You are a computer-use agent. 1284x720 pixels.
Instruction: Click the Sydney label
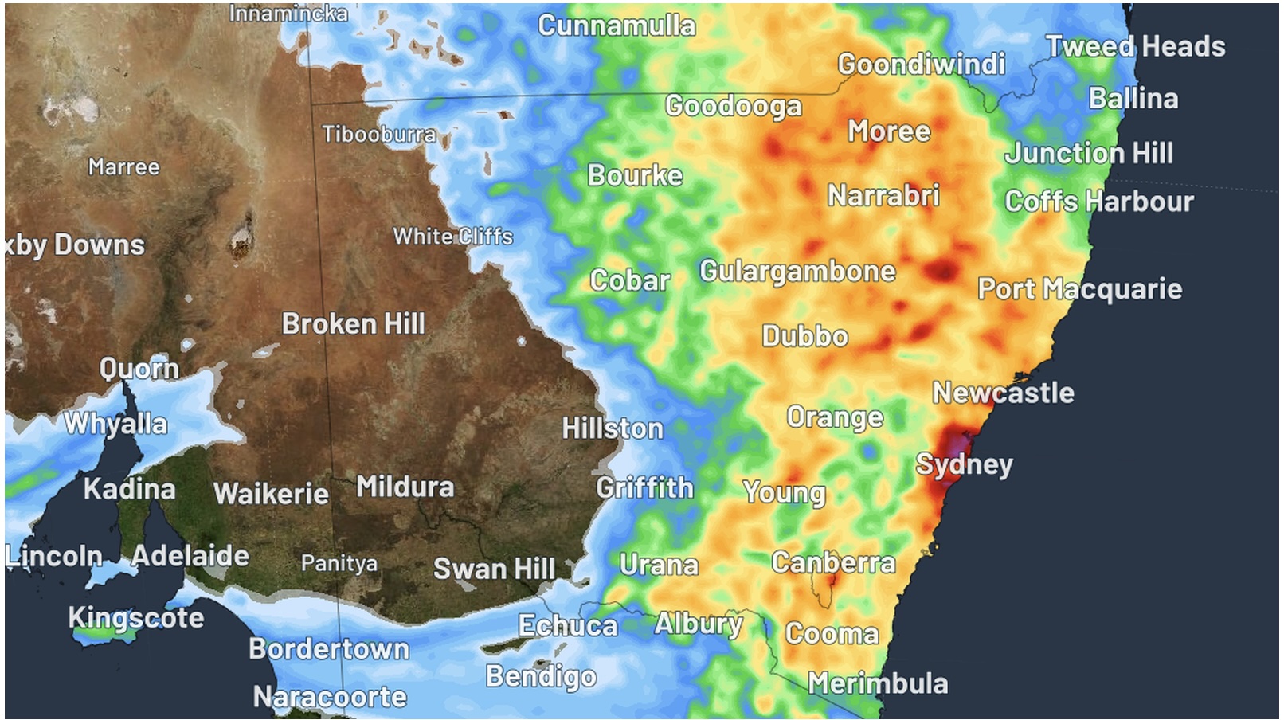point(964,464)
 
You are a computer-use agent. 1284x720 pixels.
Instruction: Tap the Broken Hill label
point(353,324)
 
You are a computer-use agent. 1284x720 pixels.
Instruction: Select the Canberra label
point(833,563)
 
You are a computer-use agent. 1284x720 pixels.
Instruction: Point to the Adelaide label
point(190,555)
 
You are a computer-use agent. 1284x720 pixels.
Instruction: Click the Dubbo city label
point(804,336)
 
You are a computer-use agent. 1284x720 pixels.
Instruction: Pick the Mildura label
point(405,487)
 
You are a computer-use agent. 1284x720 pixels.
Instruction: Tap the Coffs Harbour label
point(1098,202)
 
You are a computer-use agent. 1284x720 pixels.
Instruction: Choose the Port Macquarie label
point(1079,289)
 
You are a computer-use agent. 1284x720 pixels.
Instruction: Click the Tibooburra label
point(378,134)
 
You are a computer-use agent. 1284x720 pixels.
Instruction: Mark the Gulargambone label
point(797,272)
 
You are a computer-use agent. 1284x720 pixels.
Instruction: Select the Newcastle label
point(1003,393)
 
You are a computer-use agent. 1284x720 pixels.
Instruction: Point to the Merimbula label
point(878,683)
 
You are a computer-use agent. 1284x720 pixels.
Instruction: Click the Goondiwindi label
point(921,65)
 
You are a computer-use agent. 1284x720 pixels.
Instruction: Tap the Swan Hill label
point(494,569)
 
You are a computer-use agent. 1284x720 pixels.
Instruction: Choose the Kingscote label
point(135,617)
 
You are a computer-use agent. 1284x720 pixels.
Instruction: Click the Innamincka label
point(288,14)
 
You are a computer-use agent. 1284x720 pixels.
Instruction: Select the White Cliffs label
point(452,237)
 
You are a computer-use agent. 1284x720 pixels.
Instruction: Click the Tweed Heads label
point(1135,46)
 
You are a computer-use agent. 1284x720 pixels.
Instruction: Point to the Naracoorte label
point(330,698)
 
